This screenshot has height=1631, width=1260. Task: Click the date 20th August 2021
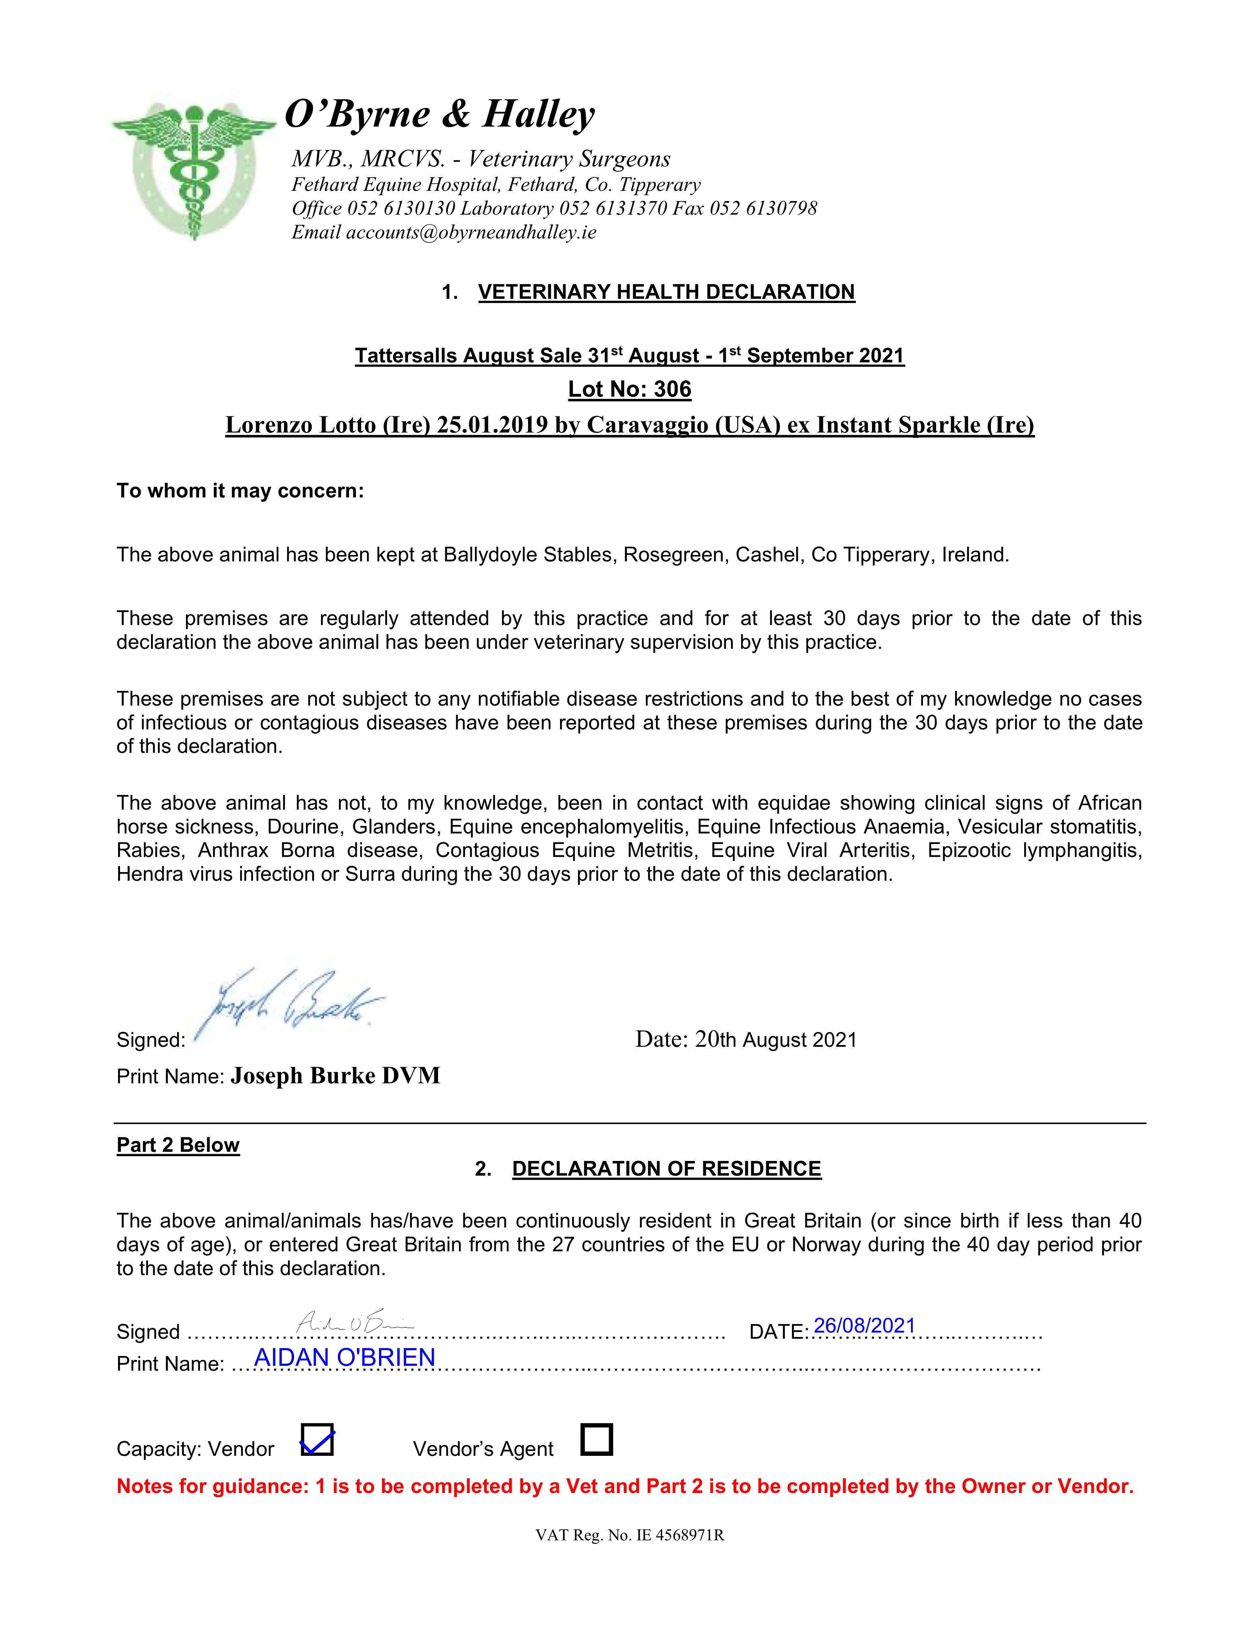click(x=775, y=1040)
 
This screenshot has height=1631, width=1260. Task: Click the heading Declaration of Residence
click(x=666, y=1169)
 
